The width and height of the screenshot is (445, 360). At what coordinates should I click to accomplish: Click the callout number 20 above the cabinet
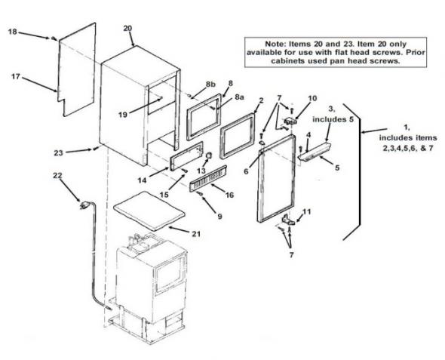(x=127, y=29)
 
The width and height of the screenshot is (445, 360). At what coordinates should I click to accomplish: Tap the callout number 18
(x=13, y=32)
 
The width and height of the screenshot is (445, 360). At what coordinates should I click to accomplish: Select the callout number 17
(x=16, y=76)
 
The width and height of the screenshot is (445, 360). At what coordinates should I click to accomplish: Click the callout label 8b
(x=210, y=85)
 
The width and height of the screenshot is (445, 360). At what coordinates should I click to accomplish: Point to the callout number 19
(x=123, y=115)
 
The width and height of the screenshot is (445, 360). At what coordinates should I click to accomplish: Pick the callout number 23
(x=59, y=152)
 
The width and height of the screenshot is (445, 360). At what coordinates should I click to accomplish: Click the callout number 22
(x=57, y=176)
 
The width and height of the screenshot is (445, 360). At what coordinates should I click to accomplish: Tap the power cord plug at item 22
(x=84, y=205)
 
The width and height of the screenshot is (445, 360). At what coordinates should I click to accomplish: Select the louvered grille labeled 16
(x=208, y=179)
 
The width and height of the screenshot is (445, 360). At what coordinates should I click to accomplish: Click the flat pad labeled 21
(x=149, y=211)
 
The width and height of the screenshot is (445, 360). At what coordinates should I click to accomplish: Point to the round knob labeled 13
(x=209, y=155)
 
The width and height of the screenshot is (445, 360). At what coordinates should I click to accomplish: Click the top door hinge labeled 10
(x=290, y=122)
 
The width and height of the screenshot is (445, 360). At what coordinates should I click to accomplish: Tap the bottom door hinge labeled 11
(x=288, y=220)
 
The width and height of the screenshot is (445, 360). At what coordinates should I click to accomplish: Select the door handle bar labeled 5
(x=315, y=152)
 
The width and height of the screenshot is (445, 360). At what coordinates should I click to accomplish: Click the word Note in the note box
(x=275, y=44)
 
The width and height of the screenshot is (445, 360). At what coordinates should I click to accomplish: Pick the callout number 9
(x=220, y=217)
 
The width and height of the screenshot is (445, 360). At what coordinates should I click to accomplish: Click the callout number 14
(x=143, y=180)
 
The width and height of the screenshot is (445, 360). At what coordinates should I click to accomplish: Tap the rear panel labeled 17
(x=77, y=69)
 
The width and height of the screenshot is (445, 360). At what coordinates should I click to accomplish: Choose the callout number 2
(x=262, y=100)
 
